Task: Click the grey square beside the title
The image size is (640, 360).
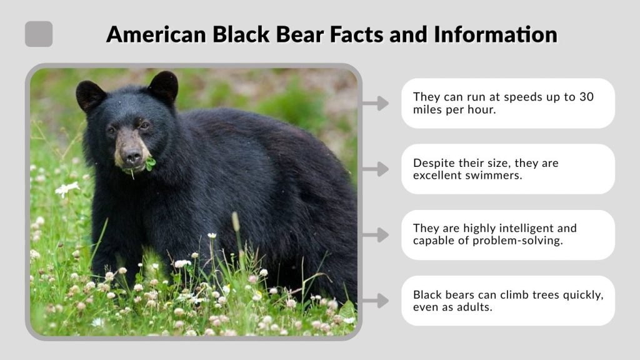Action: click(39, 34)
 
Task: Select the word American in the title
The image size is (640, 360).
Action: click(156, 34)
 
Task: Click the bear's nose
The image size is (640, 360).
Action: click(131, 156)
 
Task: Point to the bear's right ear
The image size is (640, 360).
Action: click(90, 95)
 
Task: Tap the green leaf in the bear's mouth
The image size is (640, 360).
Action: click(151, 164)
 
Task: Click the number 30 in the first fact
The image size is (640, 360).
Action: click(586, 97)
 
